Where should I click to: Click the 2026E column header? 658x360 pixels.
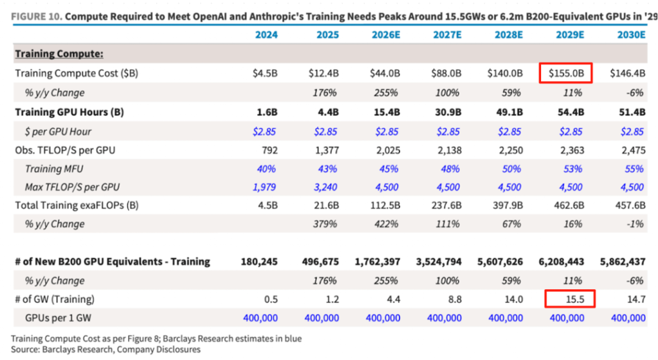point(386,35)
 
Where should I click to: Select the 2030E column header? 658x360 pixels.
point(631,35)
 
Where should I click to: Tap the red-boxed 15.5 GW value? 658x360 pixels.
point(570,299)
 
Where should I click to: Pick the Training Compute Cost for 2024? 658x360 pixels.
point(266,74)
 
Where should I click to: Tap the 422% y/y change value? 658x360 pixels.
point(386,224)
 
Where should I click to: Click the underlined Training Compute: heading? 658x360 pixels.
point(57,54)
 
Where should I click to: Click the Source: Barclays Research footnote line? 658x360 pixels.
point(105,350)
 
